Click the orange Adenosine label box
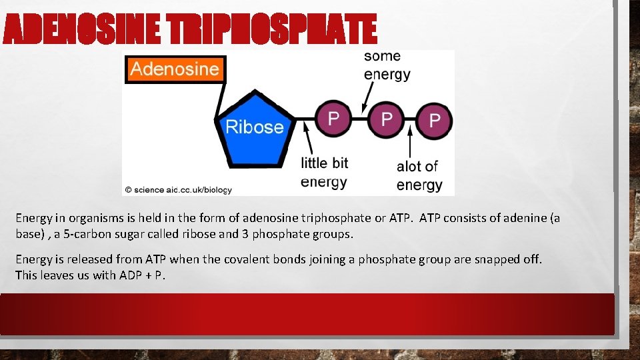[175, 69]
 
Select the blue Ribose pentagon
[254, 132]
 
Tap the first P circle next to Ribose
[333, 119]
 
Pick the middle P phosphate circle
[385, 119]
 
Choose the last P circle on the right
[434, 121]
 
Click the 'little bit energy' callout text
[325, 172]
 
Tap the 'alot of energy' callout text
[419, 175]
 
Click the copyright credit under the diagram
[179, 190]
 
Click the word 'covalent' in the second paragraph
[253, 259]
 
